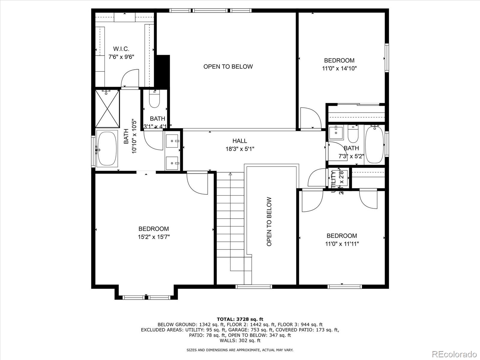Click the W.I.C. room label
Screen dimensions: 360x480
121,49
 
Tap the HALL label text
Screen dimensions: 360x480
240,141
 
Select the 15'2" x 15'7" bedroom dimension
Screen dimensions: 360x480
154,237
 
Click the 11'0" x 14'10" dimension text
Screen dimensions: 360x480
339,68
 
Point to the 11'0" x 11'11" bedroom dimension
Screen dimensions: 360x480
342,244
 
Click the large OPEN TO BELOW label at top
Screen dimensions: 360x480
228,67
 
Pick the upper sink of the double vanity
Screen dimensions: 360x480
172,140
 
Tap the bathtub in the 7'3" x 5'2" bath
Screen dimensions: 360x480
374,144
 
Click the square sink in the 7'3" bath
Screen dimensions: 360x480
336,132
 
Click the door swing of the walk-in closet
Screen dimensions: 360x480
130,79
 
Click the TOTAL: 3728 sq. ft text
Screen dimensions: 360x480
240,319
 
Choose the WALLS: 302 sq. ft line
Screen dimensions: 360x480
240,340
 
